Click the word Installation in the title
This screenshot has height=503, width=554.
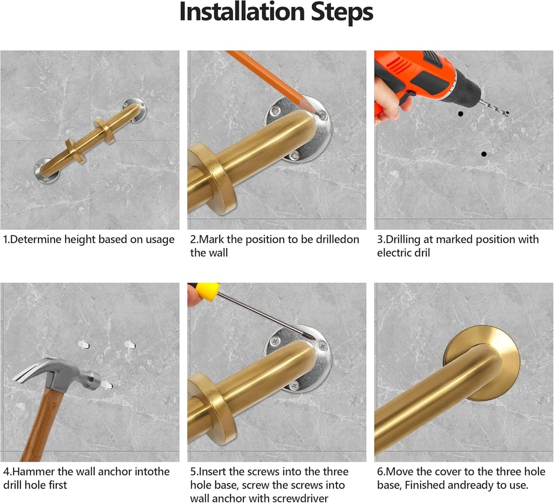tap(242, 12)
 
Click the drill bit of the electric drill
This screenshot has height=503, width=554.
tap(494, 107)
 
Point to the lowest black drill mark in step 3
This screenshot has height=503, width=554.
tap(484, 154)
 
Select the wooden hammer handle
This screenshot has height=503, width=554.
tap(42, 424)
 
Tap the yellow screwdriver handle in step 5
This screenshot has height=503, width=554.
tap(207, 291)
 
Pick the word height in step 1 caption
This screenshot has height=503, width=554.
tap(80, 240)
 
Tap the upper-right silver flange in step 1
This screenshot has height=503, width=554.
tap(134, 109)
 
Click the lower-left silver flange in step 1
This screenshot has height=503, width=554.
tap(47, 172)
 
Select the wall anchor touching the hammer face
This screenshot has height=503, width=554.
tap(107, 385)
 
